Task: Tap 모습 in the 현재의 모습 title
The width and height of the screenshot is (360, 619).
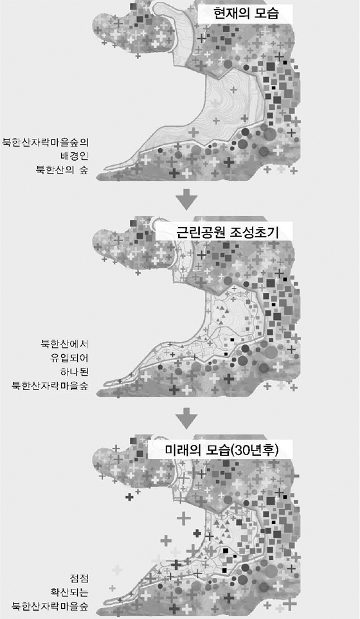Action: coord(266,14)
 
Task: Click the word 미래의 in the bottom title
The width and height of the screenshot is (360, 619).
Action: coord(182,451)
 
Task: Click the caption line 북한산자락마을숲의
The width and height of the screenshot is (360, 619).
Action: coord(46,141)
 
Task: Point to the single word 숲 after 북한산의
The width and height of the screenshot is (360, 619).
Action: coord(84,170)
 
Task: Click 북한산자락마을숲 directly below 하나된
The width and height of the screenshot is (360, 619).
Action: coord(50,386)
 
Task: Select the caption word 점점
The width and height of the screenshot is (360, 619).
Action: coord(79,579)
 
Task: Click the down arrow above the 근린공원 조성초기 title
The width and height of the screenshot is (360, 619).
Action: coord(186,199)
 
